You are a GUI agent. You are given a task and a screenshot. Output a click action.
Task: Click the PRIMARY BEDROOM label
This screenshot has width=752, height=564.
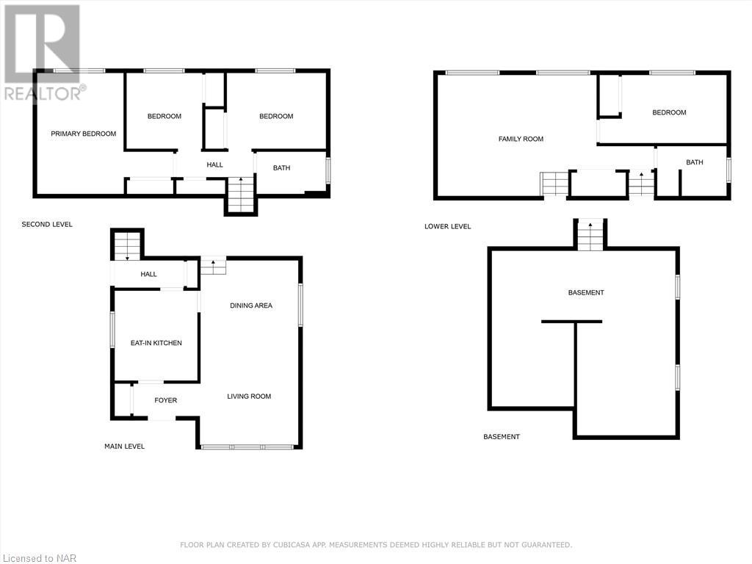[83, 134]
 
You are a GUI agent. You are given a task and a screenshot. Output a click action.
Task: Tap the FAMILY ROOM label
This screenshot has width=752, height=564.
[521, 139]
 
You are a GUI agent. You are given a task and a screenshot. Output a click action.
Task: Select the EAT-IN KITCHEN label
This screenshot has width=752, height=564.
[156, 343]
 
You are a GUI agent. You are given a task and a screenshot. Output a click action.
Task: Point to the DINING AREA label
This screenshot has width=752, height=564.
[251, 305]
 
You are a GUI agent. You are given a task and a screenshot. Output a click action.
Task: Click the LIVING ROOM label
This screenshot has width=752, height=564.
[249, 397]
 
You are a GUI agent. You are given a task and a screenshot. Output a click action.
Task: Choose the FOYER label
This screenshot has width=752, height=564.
[165, 400]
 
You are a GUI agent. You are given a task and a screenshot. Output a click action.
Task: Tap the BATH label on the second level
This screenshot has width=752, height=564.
[281, 168]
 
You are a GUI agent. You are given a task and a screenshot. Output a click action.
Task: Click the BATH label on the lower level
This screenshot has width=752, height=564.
[694, 162]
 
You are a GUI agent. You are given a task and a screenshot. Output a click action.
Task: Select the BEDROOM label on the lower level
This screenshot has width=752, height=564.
[669, 112]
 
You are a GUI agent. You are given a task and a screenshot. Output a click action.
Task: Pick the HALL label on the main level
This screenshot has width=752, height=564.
[149, 274]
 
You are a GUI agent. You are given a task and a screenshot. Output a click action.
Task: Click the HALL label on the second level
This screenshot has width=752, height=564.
[214, 165]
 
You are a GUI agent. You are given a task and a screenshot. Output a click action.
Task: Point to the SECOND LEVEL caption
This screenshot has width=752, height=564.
[47, 224]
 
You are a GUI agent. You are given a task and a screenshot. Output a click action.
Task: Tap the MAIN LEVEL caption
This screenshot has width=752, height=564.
[124, 446]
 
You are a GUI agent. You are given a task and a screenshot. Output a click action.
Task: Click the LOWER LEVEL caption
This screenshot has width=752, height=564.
[447, 226]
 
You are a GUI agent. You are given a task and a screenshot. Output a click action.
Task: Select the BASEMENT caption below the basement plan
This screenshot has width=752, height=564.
[501, 437]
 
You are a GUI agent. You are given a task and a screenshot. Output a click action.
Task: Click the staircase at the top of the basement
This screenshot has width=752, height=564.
[590, 236]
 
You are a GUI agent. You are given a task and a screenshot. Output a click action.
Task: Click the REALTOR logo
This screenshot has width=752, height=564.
[43, 51]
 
